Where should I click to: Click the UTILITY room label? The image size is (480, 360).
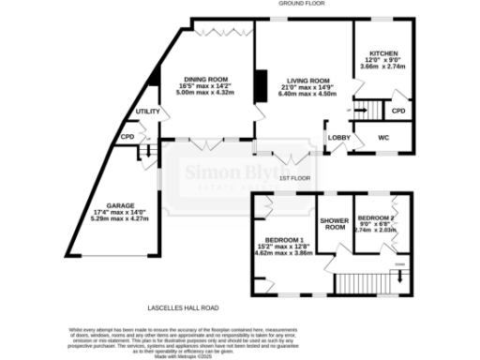(147, 112)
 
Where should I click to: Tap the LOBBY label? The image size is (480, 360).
(337, 139)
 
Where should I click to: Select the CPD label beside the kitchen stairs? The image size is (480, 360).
(398, 112)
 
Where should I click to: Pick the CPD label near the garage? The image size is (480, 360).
(127, 137)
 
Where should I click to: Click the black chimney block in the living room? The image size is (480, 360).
(262, 85)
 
